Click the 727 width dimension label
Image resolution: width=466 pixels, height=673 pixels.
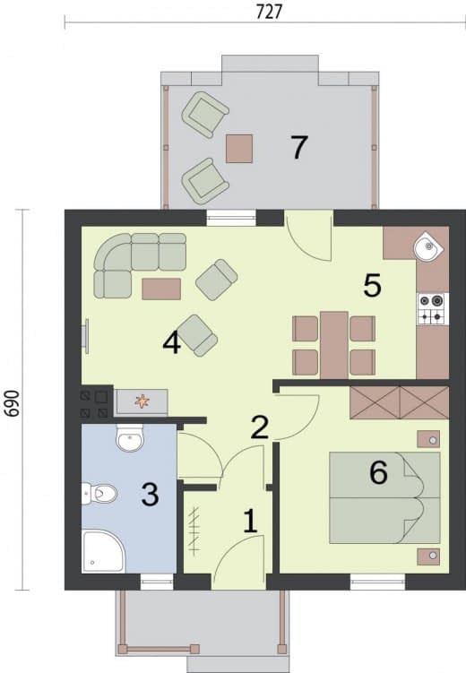click(x=269, y=12)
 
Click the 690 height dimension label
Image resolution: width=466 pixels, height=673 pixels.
click(x=13, y=403)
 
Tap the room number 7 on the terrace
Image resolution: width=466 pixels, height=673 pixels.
click(x=298, y=147)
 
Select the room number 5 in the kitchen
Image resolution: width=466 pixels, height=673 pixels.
click(x=372, y=285)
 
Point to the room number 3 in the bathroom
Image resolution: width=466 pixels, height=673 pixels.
click(x=150, y=495)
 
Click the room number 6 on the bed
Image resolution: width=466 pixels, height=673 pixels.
click(x=378, y=472)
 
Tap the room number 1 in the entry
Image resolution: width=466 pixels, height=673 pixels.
click(x=250, y=522)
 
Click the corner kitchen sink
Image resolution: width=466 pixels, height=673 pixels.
click(x=428, y=246)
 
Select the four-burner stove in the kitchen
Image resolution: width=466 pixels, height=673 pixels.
click(x=433, y=308)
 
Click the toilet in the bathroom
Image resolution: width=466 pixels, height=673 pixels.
click(x=99, y=494)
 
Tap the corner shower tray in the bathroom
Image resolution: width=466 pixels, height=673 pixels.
click(x=102, y=551)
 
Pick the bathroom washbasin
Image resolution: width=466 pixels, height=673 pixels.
click(x=130, y=438)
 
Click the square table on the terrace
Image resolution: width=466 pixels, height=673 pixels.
click(x=239, y=149)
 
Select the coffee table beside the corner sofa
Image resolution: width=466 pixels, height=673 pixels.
click(x=161, y=289)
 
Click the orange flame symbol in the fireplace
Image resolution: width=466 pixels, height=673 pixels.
click(x=142, y=401)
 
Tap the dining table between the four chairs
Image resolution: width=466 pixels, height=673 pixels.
click(x=334, y=346)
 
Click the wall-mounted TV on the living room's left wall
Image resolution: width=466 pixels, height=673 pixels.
click(x=86, y=336)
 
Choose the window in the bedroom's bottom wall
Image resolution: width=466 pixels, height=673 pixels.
click(x=377, y=582)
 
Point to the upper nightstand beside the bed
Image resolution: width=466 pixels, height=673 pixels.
click(x=428, y=439)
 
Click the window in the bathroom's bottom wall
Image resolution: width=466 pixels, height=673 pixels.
click(x=157, y=582)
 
